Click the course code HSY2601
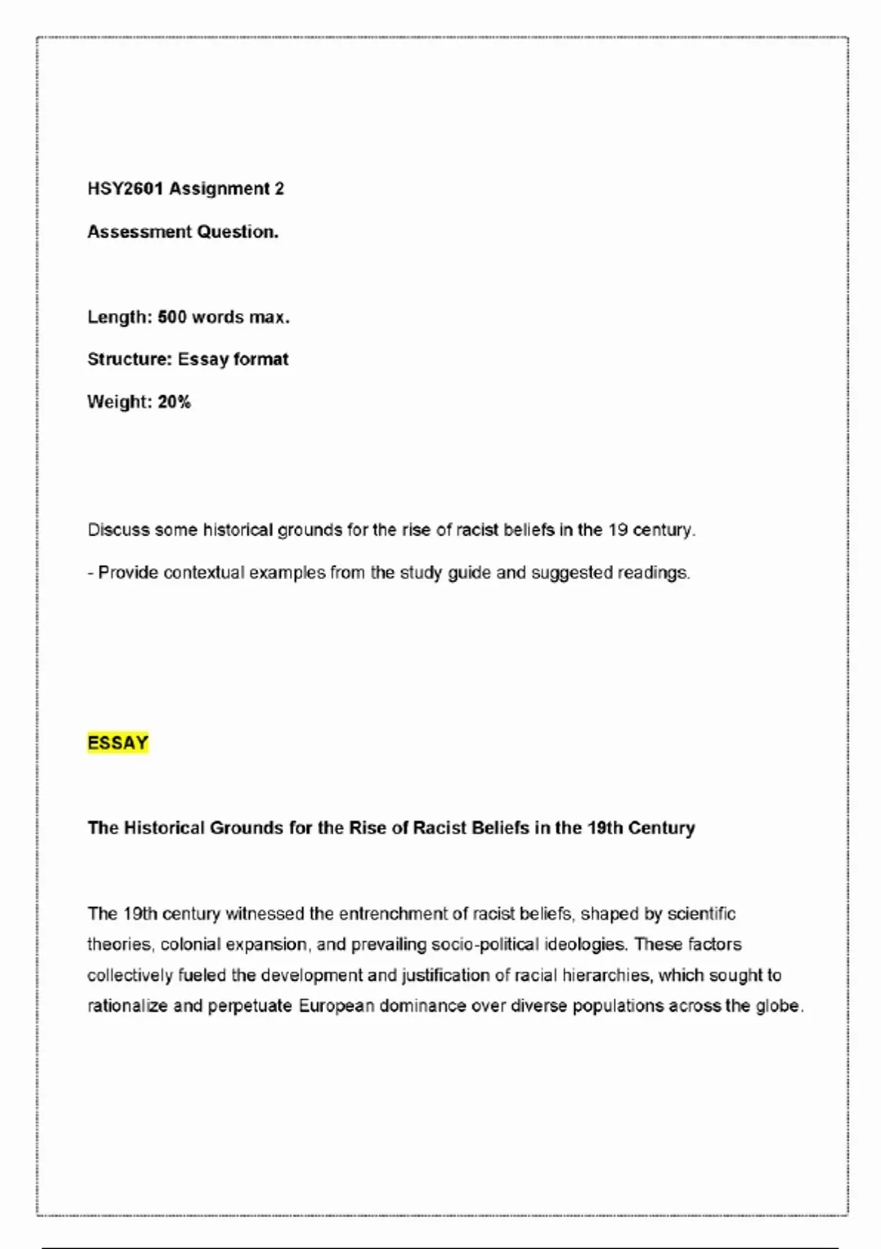(x=125, y=189)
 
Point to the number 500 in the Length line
(x=172, y=317)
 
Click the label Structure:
(x=130, y=359)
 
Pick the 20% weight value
(x=174, y=402)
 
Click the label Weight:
(x=120, y=402)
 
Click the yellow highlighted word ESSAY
(x=117, y=743)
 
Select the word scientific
(x=701, y=914)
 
